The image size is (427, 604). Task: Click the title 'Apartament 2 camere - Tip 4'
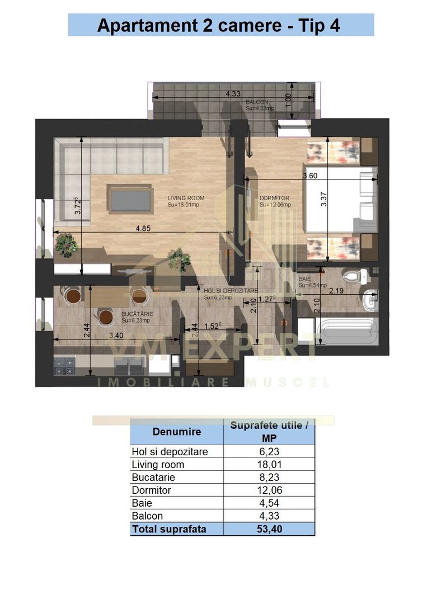click(x=220, y=25)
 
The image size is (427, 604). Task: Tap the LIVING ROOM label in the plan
click(x=186, y=198)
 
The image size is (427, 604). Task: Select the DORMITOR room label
click(x=274, y=198)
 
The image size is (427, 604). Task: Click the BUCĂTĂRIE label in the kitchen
click(x=137, y=314)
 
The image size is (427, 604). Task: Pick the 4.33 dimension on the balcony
click(x=233, y=94)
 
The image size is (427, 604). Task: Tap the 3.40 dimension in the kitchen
click(x=116, y=336)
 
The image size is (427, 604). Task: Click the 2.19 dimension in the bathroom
click(x=336, y=291)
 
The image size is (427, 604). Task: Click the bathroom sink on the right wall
click(x=370, y=301)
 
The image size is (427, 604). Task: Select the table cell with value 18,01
click(x=269, y=464)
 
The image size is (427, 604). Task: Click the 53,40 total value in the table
click(x=269, y=529)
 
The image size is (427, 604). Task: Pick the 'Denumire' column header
click(x=177, y=432)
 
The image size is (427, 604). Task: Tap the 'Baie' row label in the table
click(x=142, y=503)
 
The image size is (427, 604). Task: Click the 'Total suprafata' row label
click(x=169, y=529)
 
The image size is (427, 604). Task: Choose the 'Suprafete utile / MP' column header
click(x=269, y=432)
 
